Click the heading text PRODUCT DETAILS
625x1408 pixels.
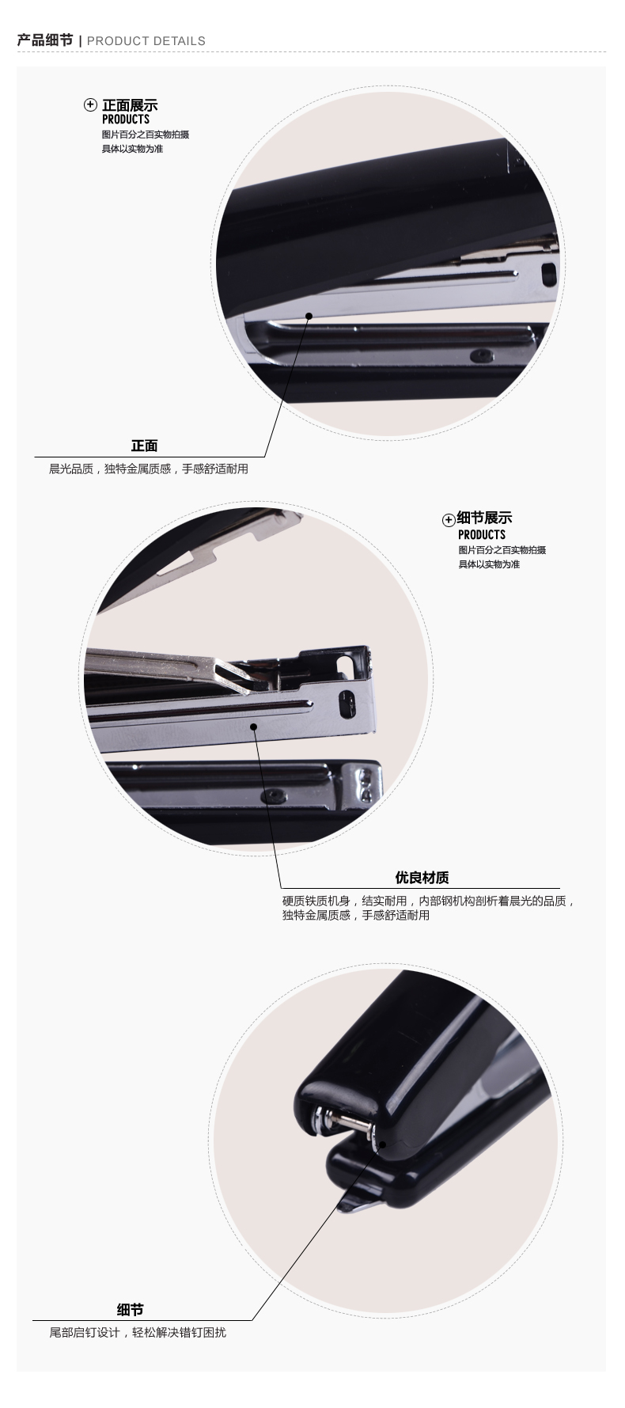(x=146, y=41)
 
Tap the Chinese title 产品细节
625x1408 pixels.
(x=45, y=40)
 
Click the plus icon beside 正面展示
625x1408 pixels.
(x=91, y=105)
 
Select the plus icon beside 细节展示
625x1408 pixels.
(x=449, y=520)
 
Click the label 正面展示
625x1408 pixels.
(x=130, y=105)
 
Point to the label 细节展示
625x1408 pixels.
(x=485, y=518)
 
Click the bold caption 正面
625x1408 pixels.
(x=144, y=446)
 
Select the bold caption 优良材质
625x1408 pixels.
(x=422, y=877)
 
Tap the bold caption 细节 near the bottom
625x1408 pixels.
(x=130, y=1310)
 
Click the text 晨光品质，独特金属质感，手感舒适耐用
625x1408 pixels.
(x=149, y=469)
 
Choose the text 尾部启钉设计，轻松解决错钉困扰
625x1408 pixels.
(x=138, y=1332)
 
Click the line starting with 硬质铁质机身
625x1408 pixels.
(x=428, y=901)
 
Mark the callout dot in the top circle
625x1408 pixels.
(x=309, y=316)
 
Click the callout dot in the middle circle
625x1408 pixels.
(x=254, y=726)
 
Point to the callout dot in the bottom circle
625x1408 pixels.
(x=381, y=1144)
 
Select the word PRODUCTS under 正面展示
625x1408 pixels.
(x=126, y=120)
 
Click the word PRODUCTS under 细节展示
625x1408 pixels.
(x=482, y=535)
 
